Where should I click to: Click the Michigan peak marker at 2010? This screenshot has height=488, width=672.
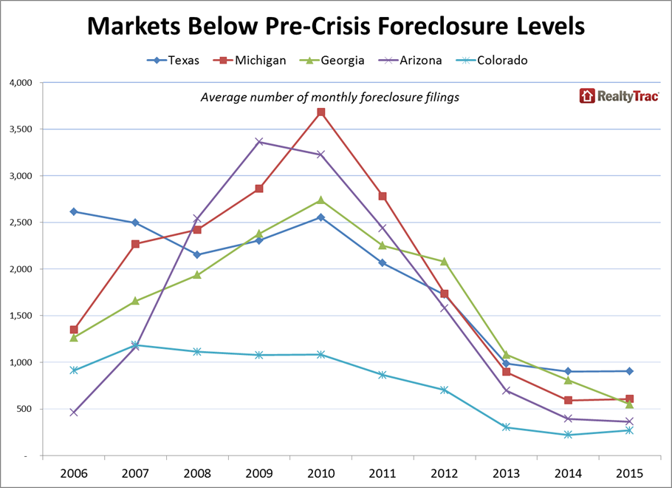[320, 112]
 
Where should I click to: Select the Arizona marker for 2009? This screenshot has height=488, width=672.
[258, 141]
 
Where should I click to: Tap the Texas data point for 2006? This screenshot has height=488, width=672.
[75, 211]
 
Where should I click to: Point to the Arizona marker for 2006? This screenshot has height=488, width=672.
[75, 412]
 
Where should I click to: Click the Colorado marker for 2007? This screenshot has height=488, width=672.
[136, 345]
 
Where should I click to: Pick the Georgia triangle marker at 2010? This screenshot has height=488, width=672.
[320, 200]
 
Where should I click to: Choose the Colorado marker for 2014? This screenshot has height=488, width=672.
[566, 435]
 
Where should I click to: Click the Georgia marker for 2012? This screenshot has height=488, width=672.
[444, 261]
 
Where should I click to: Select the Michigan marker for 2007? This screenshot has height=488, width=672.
[136, 243]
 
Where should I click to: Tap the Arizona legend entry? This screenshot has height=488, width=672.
[414, 61]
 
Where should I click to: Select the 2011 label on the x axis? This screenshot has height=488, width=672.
[382, 472]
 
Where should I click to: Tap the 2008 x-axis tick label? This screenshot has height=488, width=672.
[197, 472]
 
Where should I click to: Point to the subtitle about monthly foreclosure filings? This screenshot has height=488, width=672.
[330, 96]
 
